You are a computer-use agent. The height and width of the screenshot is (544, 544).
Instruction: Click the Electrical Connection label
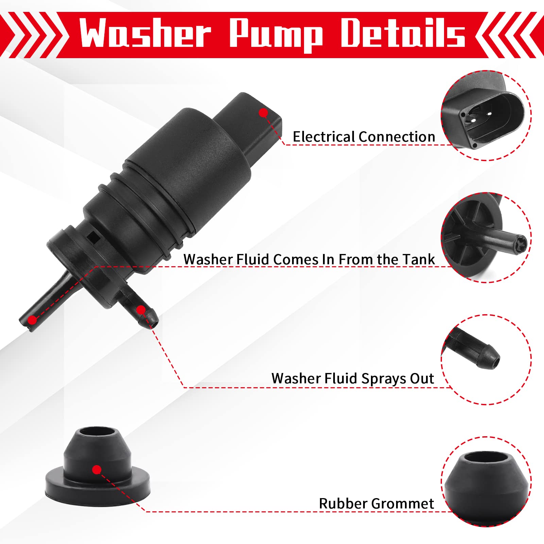(364, 137)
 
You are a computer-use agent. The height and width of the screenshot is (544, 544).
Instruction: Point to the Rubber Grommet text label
(376, 504)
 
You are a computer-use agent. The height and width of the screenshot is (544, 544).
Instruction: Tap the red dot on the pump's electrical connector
(263, 113)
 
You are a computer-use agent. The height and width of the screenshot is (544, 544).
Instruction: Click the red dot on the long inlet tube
(32, 320)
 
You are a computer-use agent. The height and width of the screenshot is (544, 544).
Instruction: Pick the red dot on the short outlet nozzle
(141, 310)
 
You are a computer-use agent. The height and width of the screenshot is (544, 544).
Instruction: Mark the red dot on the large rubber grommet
(97, 470)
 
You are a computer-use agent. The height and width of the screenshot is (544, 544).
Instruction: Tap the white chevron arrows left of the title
(32, 35)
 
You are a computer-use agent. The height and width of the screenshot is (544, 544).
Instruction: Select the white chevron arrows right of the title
(510, 35)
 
